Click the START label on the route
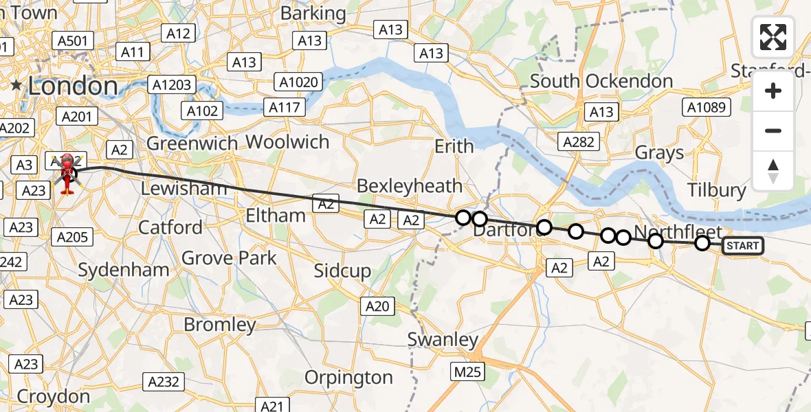tap(742, 246)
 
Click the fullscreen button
tap(773, 37)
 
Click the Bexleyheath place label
tap(410, 185)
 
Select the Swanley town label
tap(443, 340)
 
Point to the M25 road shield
tap(467, 372)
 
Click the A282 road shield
tap(579, 141)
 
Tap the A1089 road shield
tap(707, 106)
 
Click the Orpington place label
tap(348, 378)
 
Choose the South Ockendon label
tap(601, 81)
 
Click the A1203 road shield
tap(172, 85)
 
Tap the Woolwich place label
tap(287, 142)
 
